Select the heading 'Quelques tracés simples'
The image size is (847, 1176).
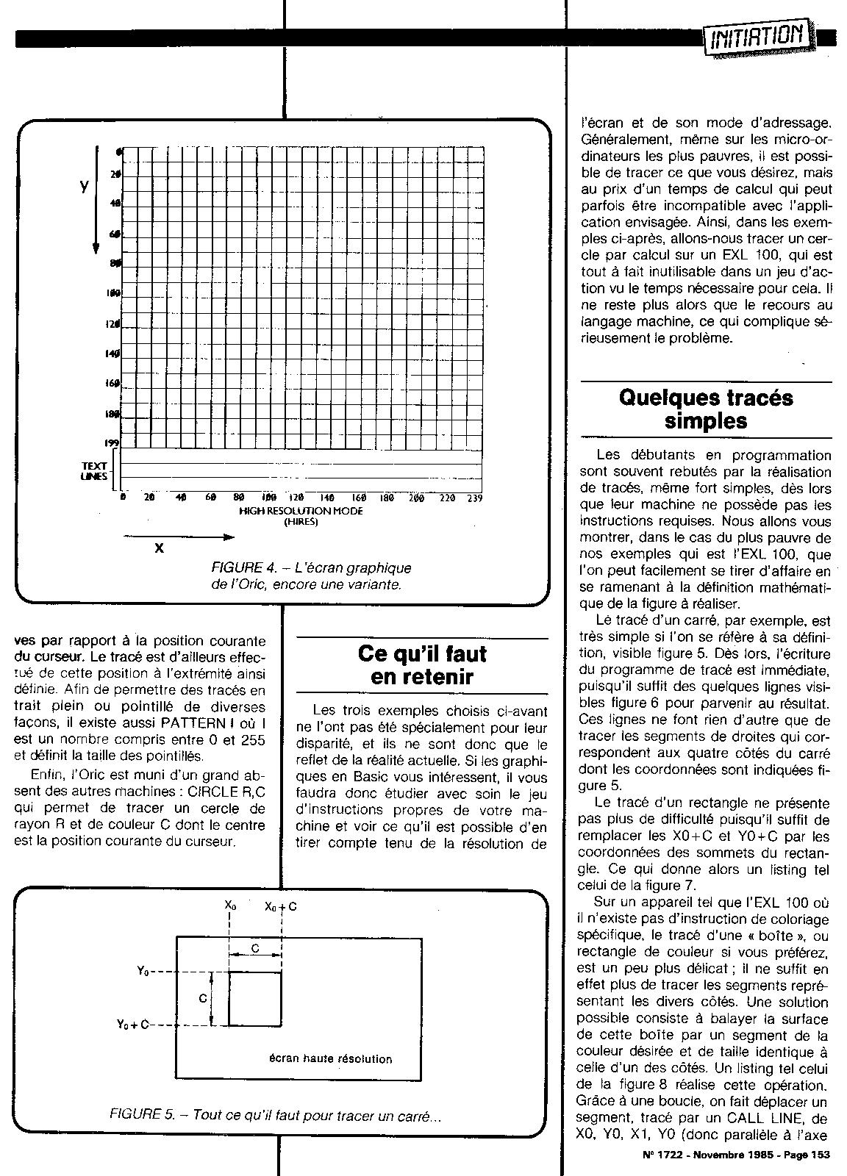coord(706,409)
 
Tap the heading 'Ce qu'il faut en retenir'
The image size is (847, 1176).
coord(422,664)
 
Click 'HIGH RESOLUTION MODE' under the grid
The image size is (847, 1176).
coord(301,511)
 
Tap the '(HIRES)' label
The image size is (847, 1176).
coord(301,522)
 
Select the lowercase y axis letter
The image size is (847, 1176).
coord(85,187)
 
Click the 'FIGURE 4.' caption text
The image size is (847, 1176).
coord(243,567)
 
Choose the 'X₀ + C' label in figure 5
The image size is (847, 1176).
coord(281,907)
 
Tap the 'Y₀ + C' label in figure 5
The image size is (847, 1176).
coord(132,1025)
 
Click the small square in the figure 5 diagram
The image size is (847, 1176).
coord(254,998)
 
